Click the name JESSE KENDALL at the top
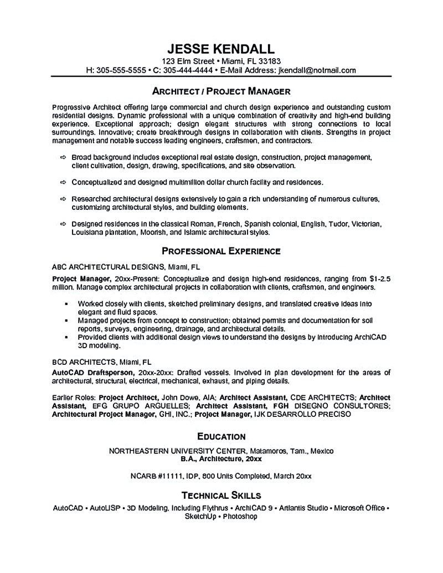221,48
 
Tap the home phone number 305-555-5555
122,70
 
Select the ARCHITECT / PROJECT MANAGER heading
221,91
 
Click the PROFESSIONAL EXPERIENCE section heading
221,251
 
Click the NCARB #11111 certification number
153,476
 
